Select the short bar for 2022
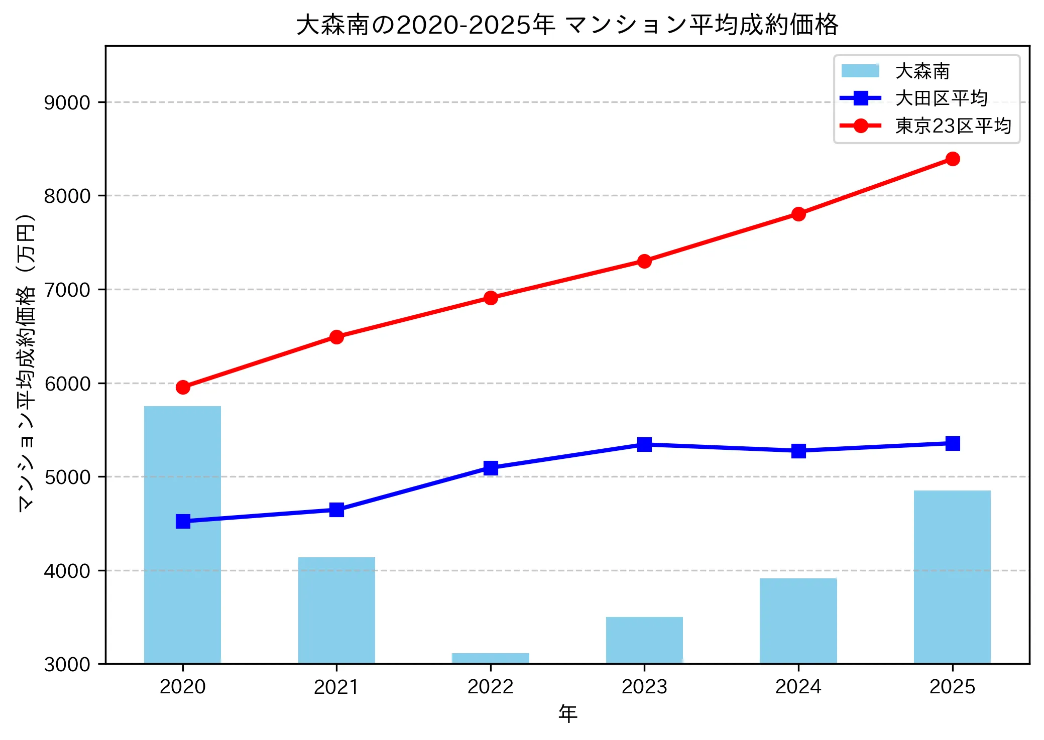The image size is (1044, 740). tap(490, 658)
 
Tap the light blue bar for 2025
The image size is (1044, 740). tap(952, 577)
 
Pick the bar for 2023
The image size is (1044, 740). tap(644, 640)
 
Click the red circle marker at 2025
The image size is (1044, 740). tap(953, 159)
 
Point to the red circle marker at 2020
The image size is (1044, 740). tap(183, 387)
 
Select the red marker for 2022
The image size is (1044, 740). tap(491, 298)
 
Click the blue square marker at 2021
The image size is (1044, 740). tap(336, 510)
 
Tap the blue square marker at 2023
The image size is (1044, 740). tap(644, 444)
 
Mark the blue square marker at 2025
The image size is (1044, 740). tap(953, 443)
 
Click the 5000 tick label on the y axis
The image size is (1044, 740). tap(67, 477)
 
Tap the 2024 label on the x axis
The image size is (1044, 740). tap(798, 686)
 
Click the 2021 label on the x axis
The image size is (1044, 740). tap(336, 686)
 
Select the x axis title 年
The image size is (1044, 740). tap(567, 713)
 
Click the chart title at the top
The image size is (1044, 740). tap(567, 24)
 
